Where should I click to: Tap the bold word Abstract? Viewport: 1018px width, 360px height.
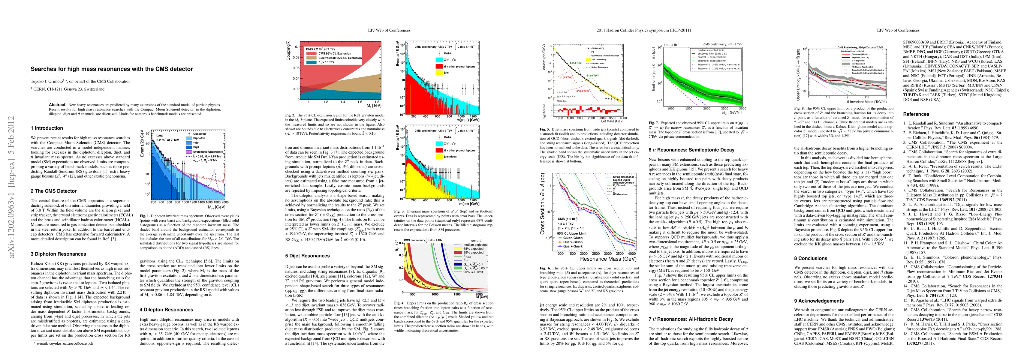(57, 105)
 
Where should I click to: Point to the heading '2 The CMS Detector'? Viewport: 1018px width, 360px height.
(54, 191)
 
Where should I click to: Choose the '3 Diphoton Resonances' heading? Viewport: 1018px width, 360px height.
(58, 254)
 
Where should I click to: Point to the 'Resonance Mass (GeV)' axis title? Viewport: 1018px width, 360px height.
(608, 259)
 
